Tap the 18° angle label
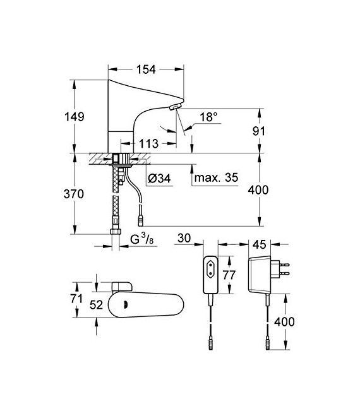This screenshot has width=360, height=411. click(209, 117)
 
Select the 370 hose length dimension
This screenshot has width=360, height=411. click(75, 194)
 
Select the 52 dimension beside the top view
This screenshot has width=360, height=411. click(96, 303)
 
